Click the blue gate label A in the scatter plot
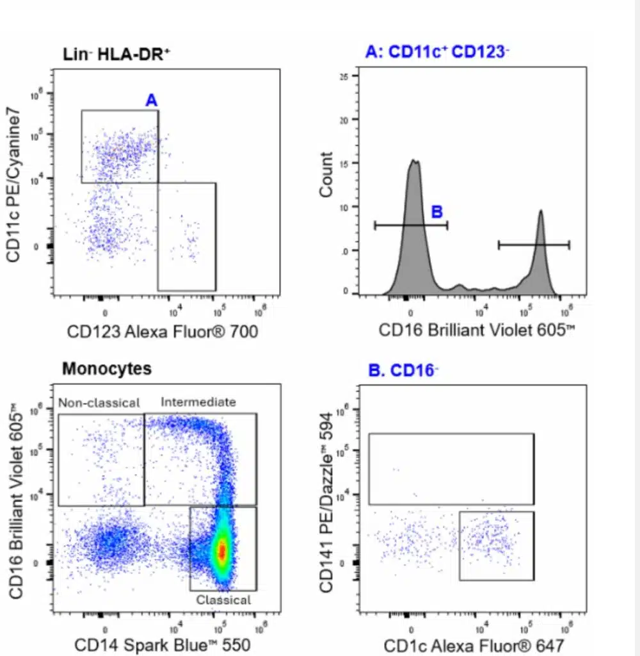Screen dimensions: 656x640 [152, 100]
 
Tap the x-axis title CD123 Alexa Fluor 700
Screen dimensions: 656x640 [163, 331]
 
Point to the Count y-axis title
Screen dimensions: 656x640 [326, 174]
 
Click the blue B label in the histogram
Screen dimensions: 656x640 [438, 212]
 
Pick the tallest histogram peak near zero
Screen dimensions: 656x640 [415, 161]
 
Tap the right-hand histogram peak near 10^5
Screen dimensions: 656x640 [541, 211]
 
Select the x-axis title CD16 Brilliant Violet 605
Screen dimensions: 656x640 [474, 331]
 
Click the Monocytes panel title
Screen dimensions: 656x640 [107, 369]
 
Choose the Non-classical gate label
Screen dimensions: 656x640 [99, 403]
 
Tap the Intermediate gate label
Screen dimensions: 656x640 [198, 402]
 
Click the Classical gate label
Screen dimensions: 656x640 [223, 600]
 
